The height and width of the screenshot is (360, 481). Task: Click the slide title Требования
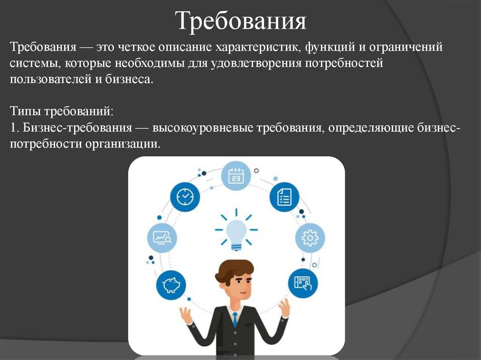coord(240,21)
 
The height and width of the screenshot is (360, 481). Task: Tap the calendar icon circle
coord(236,176)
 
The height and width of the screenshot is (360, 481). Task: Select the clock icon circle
coord(185,196)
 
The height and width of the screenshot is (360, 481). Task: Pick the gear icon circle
coord(310,238)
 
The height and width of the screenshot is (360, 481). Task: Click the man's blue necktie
coord(234,320)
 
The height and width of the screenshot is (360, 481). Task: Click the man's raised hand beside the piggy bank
coord(186,314)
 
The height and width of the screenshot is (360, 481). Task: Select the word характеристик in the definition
coord(257,48)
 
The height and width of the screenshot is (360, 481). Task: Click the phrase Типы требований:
coord(61,112)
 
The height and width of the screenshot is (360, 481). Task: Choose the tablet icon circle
coord(303,282)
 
